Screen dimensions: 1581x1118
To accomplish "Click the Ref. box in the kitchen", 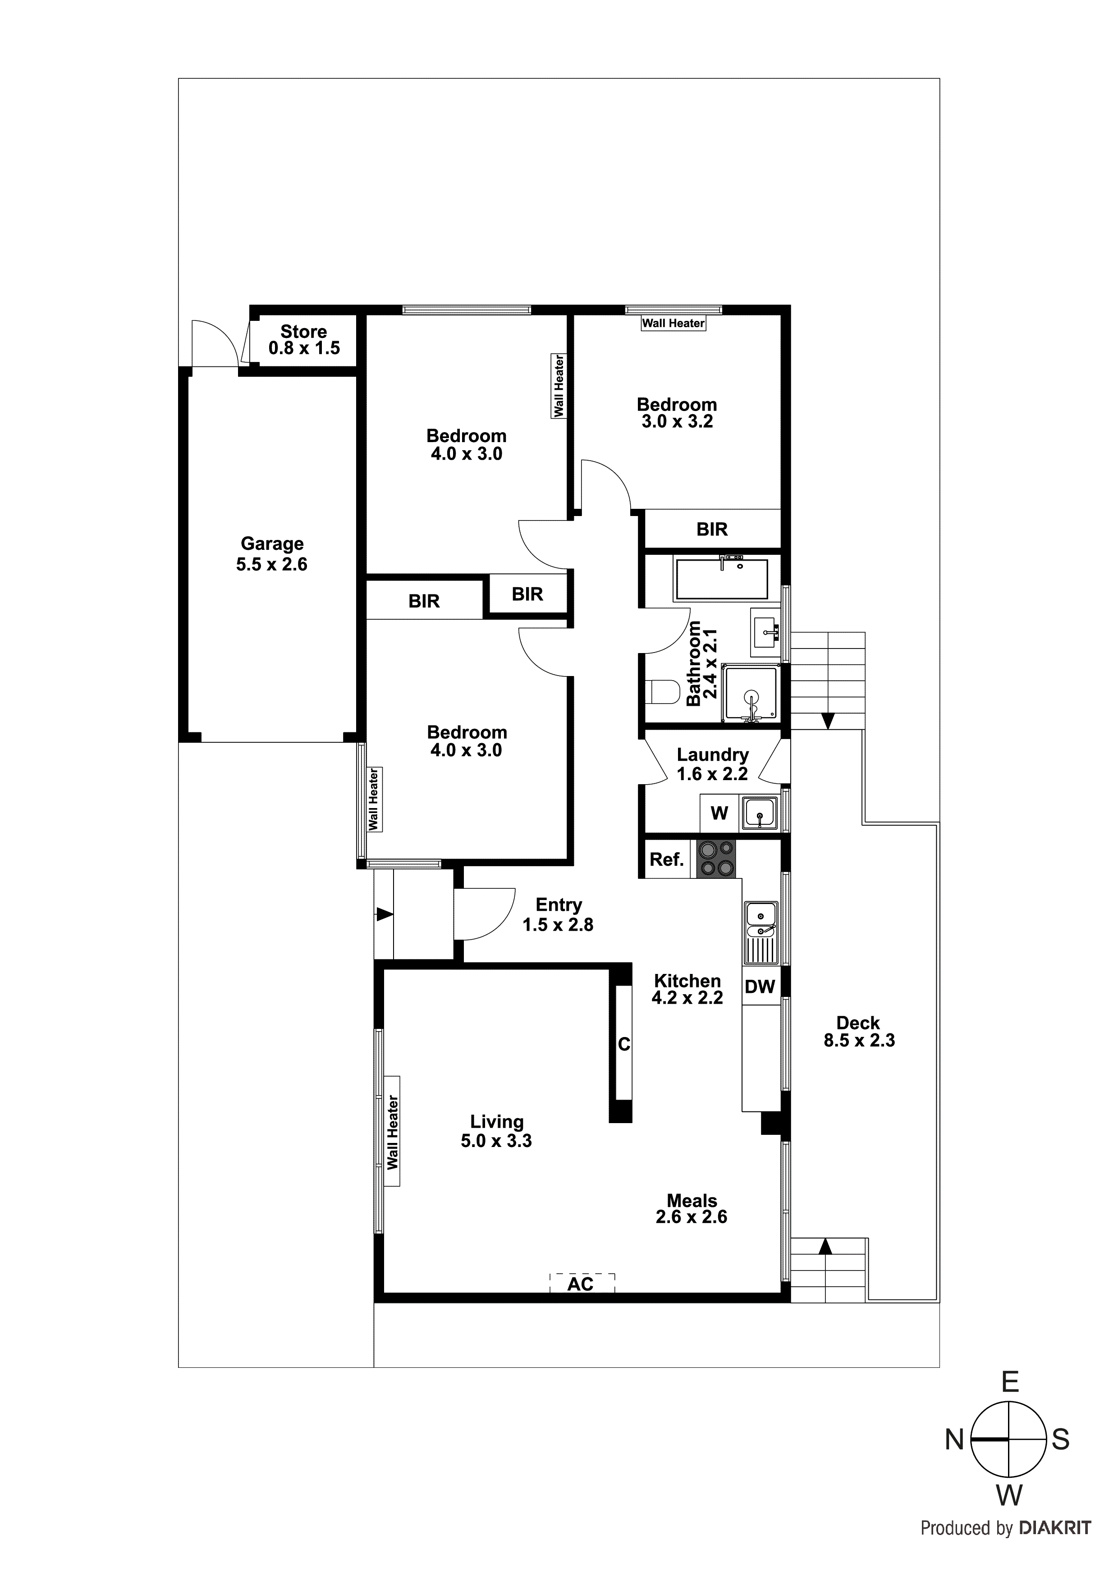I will pyautogui.click(x=666, y=859).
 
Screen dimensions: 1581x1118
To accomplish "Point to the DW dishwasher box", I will pyautogui.click(x=760, y=987).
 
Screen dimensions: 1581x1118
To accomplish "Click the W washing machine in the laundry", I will pyautogui.click(x=719, y=813).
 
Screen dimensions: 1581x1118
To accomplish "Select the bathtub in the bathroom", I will pyautogui.click(x=721, y=579).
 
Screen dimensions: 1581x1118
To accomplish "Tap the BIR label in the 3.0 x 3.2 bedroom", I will pyautogui.click(x=711, y=529).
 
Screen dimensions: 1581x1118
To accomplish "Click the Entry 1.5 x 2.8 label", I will pyautogui.click(x=558, y=914).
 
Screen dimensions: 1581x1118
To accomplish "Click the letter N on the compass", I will pyautogui.click(x=953, y=1439).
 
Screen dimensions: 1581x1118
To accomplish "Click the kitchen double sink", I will pyautogui.click(x=761, y=932).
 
